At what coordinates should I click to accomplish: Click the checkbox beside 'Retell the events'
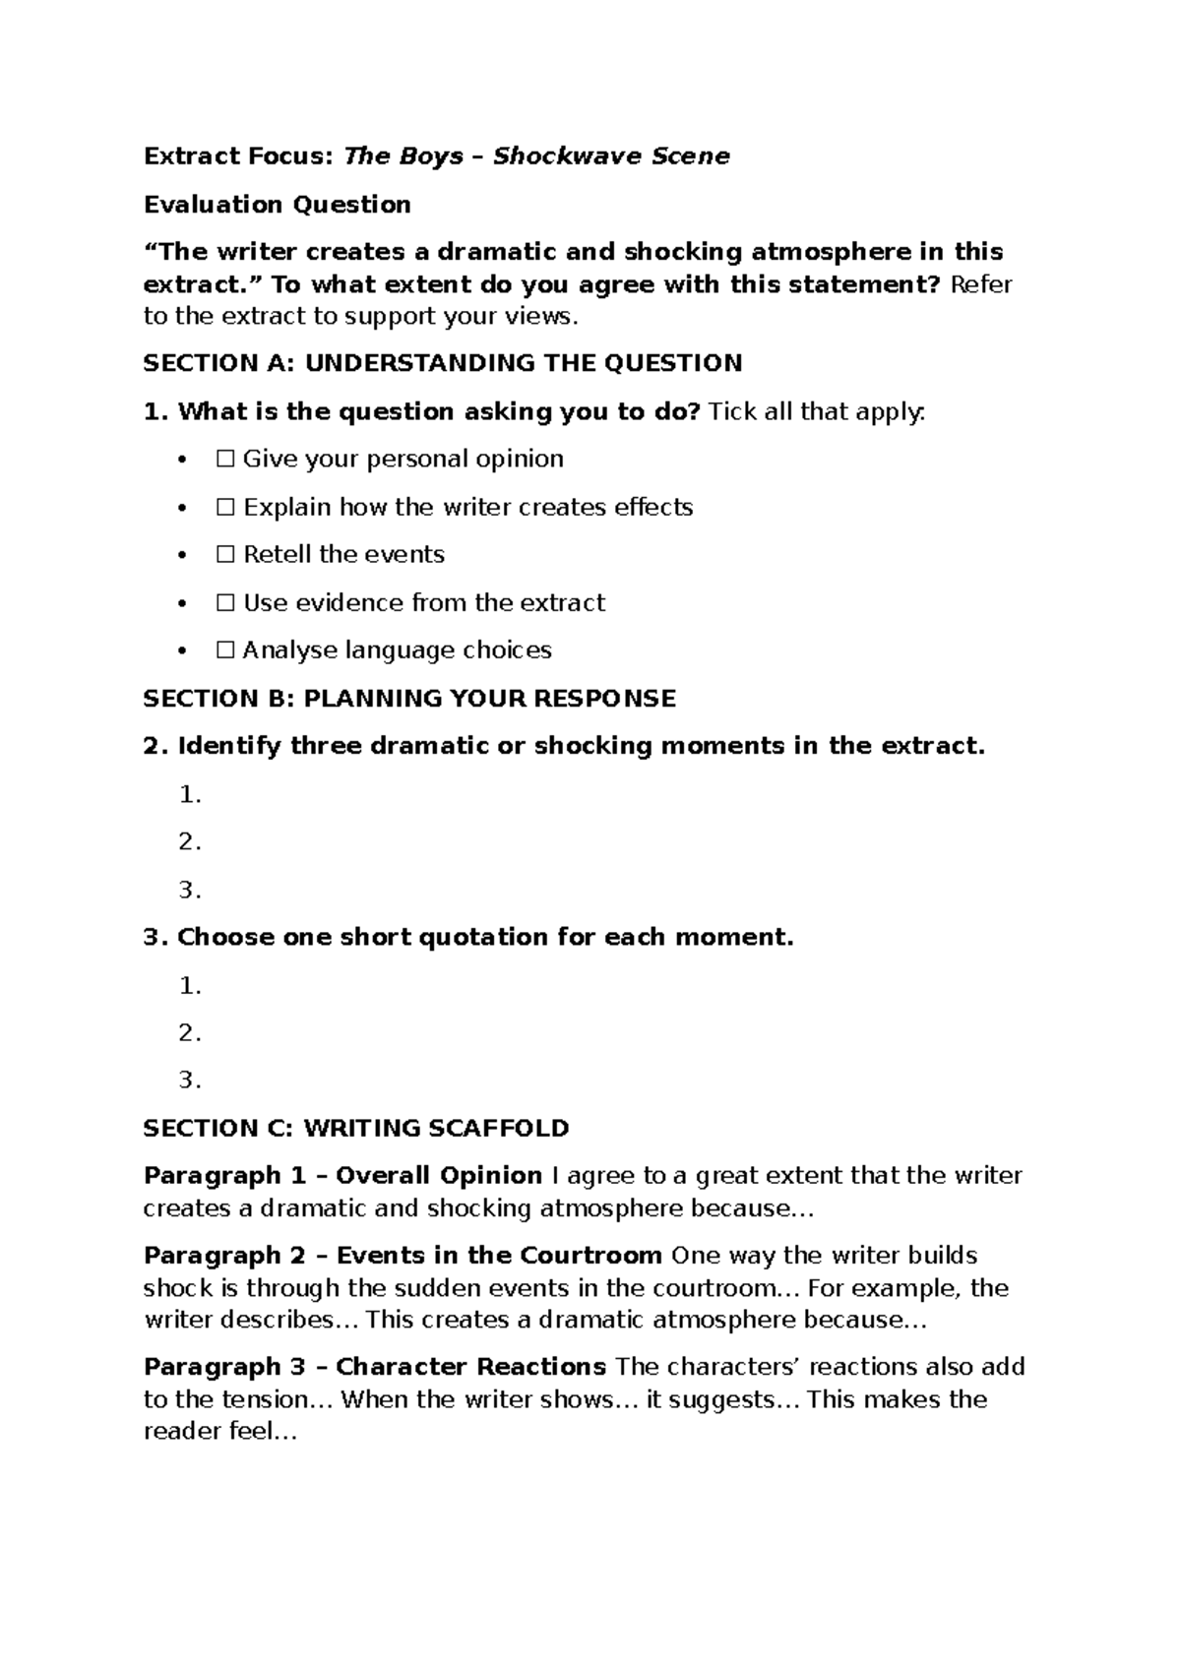[225, 555]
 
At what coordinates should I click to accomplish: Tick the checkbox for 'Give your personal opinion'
[225, 460]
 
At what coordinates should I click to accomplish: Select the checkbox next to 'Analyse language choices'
[225, 650]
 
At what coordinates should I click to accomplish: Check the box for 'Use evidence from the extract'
[225, 603]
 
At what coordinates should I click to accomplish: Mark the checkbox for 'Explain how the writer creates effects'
[225, 508]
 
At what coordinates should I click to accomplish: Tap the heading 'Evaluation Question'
[277, 205]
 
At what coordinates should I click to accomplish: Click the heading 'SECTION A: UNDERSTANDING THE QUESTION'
[442, 364]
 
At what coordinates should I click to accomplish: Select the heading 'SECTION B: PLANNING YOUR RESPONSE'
[409, 699]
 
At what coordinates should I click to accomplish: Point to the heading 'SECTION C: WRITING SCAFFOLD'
[356, 1129]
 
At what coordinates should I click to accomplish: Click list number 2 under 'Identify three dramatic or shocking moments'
[190, 842]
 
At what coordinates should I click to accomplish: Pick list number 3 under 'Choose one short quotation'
[190, 1082]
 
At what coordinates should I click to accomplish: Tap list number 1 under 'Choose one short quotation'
[190, 986]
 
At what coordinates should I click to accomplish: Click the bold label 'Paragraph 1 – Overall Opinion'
[342, 1176]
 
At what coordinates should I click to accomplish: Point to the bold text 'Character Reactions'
[470, 1367]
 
